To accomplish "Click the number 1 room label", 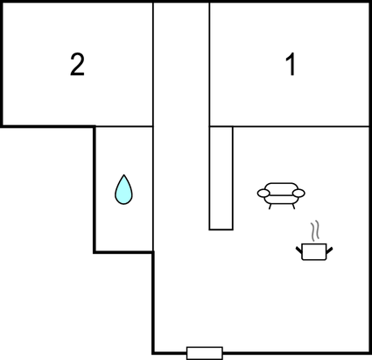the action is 291,65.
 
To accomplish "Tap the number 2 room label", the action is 77,65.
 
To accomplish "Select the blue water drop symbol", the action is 123,190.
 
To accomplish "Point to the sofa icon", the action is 281,195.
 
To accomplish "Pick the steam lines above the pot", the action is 315,231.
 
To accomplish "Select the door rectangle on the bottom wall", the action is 205,353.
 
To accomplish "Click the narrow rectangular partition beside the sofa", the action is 221,178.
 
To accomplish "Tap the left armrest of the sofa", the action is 263,193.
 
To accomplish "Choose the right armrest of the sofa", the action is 298,193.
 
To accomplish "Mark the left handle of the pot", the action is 298,251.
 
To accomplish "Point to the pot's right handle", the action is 329,251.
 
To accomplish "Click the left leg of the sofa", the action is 270,206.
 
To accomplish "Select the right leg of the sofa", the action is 293,206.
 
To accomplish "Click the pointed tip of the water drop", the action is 124,174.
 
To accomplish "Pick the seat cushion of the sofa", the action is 281,200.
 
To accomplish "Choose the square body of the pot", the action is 314,251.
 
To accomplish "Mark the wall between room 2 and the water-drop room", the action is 124,126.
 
